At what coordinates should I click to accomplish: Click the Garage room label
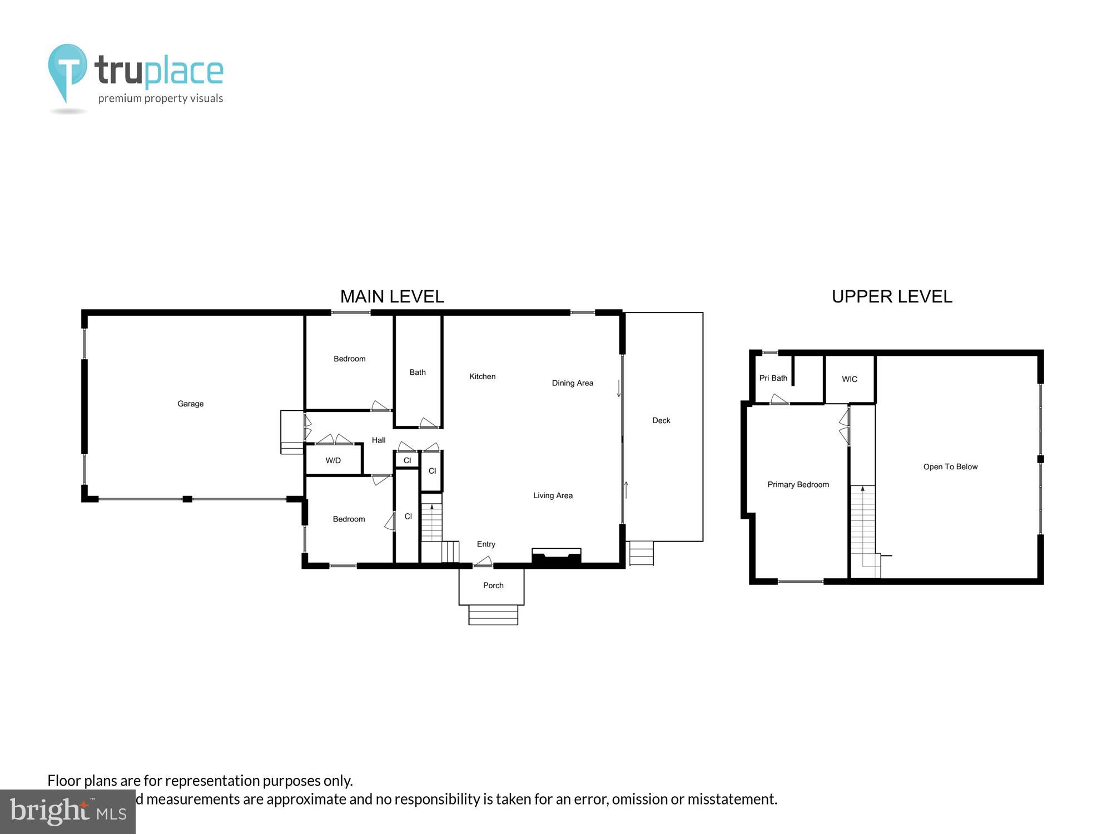tap(190, 404)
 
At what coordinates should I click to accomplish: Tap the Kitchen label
tap(482, 376)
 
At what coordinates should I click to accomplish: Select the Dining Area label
tap(572, 383)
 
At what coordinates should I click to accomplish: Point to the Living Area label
tap(553, 495)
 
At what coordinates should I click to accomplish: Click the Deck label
tap(661, 420)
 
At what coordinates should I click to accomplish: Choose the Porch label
tap(493, 585)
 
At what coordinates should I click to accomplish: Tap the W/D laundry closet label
tap(333, 460)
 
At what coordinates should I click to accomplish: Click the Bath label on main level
tap(418, 373)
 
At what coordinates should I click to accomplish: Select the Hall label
tap(379, 440)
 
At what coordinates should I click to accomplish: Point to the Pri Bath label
tap(773, 378)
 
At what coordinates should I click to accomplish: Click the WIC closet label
tap(850, 379)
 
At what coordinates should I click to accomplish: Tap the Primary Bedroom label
tap(798, 485)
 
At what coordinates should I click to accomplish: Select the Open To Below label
tap(950, 467)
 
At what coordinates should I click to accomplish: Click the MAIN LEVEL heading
tap(392, 297)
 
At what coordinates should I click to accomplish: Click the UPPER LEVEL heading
tap(892, 297)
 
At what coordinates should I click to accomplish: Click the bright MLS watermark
tap(67, 812)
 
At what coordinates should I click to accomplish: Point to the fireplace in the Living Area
tap(557, 558)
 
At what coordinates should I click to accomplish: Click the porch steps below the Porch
tap(493, 615)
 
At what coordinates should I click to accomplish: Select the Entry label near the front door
tap(486, 544)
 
